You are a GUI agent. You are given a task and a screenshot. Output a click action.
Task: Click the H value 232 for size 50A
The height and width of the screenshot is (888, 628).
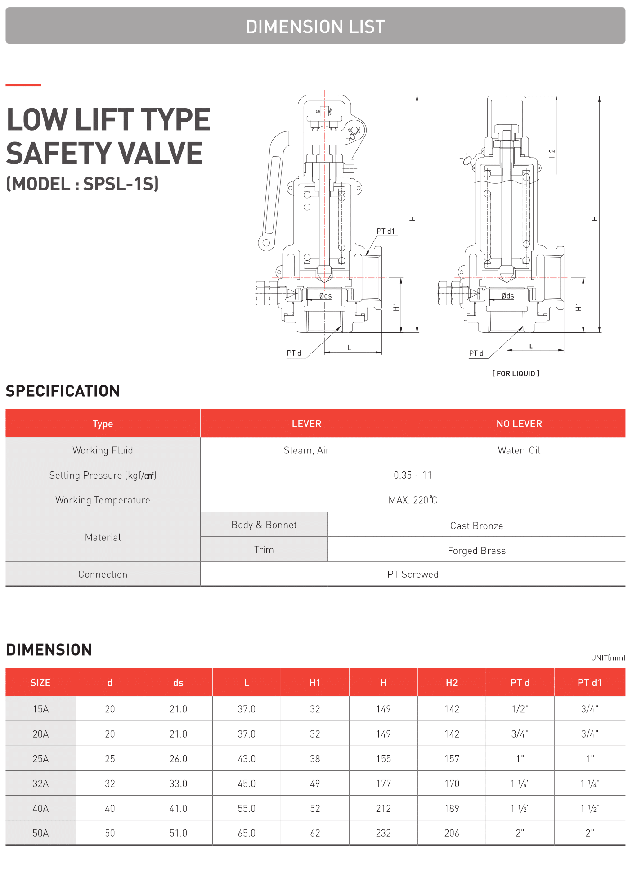click(383, 833)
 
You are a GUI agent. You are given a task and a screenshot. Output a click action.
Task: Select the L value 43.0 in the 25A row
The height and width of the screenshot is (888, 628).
click(247, 759)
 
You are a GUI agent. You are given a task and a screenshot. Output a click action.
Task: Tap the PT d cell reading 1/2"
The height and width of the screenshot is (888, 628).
click(520, 709)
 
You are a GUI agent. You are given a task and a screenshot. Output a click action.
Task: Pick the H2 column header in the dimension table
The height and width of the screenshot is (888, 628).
click(452, 683)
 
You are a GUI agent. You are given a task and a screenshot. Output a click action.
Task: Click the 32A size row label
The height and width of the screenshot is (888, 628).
click(40, 784)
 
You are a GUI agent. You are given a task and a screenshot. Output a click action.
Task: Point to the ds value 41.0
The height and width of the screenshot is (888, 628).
click(178, 808)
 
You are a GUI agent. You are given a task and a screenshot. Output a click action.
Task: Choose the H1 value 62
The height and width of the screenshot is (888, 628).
click(315, 833)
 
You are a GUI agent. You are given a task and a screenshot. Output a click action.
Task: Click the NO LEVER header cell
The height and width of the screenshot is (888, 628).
click(519, 424)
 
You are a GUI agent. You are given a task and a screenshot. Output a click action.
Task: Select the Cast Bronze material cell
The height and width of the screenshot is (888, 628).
click(476, 526)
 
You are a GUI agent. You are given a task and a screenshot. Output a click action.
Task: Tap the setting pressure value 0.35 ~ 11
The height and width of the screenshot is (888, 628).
click(413, 475)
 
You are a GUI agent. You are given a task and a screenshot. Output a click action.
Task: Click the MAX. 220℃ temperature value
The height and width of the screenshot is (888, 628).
click(413, 500)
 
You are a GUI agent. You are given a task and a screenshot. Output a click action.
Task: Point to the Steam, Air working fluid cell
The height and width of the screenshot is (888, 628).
click(306, 450)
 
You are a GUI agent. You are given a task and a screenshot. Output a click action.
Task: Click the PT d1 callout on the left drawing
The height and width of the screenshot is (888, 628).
click(386, 231)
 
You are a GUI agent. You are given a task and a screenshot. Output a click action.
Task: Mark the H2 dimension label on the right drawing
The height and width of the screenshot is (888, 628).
click(552, 153)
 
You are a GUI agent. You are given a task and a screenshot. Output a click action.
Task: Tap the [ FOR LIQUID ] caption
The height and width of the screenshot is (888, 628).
click(516, 373)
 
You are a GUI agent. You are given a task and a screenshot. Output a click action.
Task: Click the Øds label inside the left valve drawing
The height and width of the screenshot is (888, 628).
click(325, 296)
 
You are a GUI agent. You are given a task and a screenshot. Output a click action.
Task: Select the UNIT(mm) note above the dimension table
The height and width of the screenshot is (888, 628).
click(608, 658)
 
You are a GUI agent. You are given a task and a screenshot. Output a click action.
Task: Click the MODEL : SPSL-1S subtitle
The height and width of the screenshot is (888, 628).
click(83, 184)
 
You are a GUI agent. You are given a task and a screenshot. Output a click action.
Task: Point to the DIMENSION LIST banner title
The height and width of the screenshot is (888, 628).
click(315, 27)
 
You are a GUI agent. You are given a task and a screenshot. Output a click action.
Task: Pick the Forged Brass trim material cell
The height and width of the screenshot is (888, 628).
click(476, 550)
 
